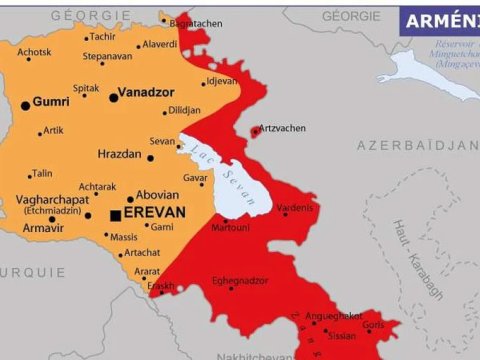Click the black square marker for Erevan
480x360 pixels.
116,215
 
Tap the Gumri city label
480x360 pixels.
51,102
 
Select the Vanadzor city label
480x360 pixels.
147,92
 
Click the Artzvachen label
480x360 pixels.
283,128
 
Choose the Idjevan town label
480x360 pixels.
221,81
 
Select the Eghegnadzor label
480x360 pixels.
238,280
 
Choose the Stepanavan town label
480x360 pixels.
107,56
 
